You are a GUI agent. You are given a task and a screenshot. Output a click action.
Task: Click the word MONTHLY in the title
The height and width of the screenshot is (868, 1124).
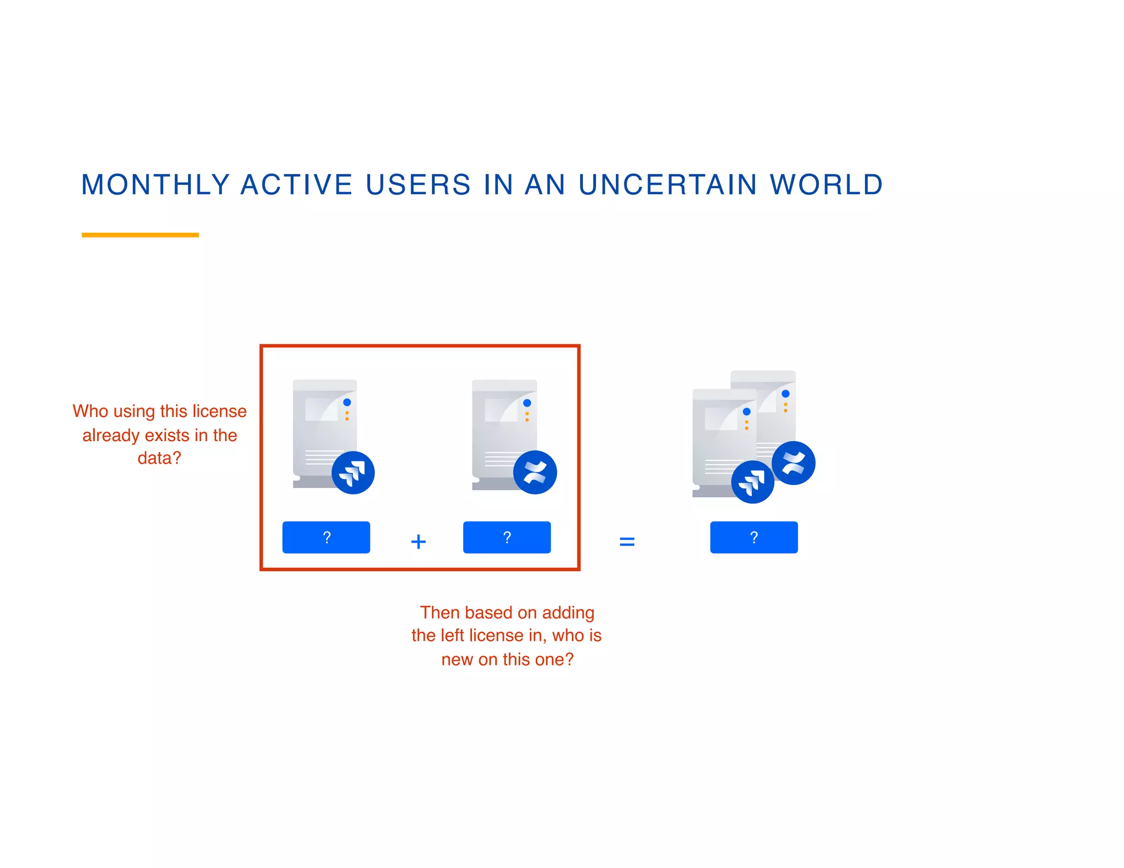155,185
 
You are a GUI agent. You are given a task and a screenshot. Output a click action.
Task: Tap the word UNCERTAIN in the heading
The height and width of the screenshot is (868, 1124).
668,185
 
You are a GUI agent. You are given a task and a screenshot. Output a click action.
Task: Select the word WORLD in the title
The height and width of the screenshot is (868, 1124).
827,185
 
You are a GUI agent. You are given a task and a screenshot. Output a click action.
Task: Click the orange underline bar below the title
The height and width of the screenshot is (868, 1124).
140,235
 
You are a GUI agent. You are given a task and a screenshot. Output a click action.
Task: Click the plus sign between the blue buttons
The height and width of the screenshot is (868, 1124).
418,542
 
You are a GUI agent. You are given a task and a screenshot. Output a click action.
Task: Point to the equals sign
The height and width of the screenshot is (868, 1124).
627,542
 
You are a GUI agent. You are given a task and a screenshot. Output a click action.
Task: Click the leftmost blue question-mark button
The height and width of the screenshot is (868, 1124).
326,537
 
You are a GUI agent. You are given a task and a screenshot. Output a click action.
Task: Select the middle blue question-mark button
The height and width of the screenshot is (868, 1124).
507,537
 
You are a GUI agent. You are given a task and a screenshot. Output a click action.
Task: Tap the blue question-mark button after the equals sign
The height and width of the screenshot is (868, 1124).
754,537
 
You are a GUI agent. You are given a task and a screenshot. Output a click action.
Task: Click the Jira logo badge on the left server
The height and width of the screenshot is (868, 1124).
353,472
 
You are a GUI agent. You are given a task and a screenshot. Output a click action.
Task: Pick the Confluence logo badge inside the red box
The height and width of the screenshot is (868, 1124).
535,472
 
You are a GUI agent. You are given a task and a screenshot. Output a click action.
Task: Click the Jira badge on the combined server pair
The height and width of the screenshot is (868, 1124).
752,482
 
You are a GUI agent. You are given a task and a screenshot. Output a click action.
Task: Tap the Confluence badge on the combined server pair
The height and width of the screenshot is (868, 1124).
793,463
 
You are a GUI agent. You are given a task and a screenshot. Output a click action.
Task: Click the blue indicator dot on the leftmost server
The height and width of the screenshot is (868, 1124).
347,403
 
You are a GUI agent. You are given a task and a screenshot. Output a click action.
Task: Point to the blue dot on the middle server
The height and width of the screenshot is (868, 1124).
527,403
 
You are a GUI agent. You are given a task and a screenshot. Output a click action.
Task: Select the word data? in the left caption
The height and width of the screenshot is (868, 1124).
159,458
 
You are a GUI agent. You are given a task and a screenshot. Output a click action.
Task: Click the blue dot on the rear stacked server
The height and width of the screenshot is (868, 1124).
785,394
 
